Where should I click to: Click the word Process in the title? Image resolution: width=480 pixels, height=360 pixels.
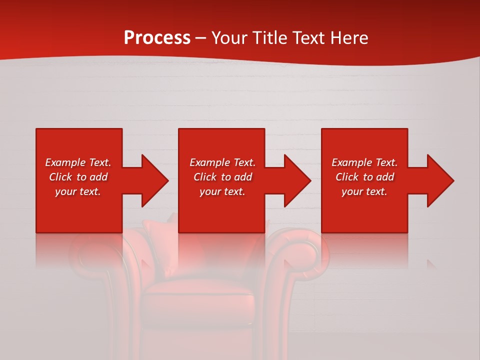157,38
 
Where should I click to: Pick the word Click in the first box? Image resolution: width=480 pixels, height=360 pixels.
60,177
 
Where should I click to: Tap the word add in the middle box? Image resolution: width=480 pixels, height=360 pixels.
243,177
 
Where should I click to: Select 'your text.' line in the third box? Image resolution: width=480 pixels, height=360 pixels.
364,191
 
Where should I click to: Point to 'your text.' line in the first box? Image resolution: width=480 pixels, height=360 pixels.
78,191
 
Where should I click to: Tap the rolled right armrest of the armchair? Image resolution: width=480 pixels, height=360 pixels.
300,255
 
